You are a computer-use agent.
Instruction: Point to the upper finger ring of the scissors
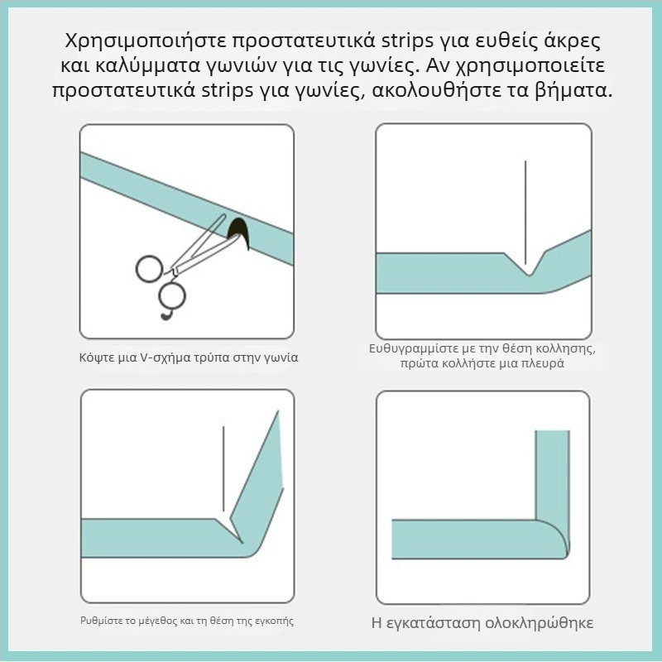150,269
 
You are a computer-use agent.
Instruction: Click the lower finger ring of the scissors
172,295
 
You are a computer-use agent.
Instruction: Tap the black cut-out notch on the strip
239,233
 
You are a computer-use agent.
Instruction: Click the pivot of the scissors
174,270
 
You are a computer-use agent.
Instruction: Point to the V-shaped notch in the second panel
525,264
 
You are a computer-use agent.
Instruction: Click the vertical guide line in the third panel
223,468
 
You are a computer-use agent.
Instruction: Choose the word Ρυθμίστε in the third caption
96,621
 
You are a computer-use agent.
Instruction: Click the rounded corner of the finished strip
555,538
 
